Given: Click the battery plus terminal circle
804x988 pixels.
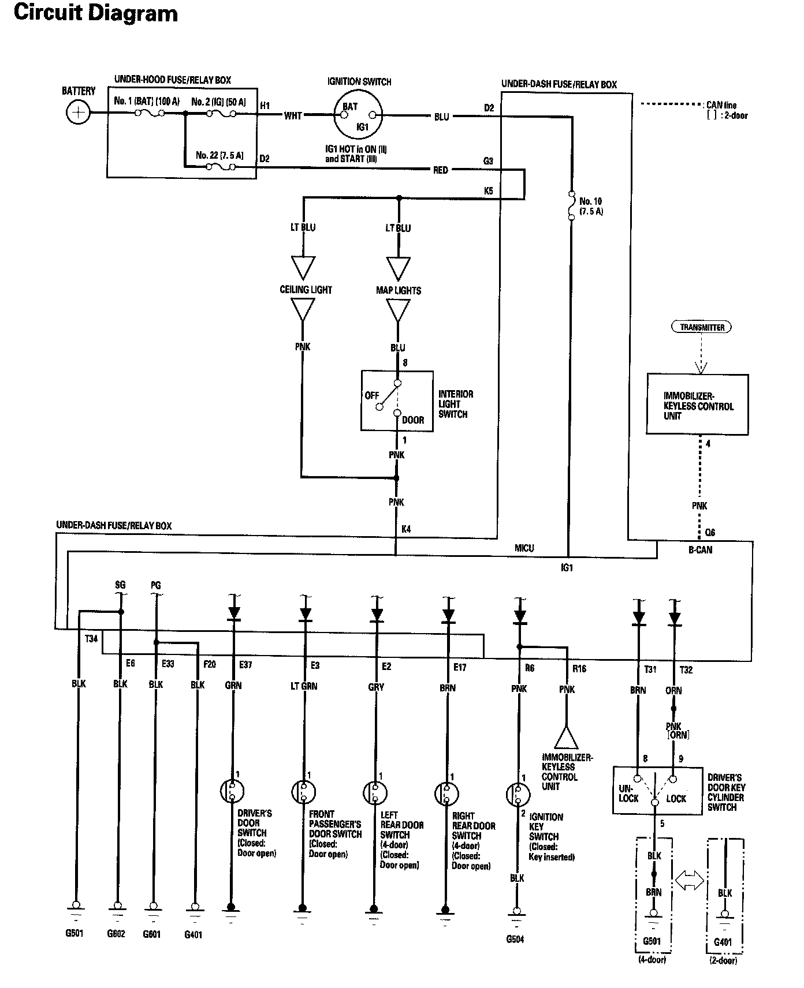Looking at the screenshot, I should point(78,112).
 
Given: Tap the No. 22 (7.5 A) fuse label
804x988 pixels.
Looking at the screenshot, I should point(219,155).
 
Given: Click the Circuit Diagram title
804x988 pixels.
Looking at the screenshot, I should point(96,13).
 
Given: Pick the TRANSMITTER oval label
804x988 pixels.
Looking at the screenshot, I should point(702,327).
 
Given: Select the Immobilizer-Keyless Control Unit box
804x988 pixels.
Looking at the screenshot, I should point(697,405).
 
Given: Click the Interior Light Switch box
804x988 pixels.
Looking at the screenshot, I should point(397,401).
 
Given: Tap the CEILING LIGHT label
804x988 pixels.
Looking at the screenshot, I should point(306,290).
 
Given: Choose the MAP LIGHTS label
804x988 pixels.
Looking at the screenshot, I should point(399,290).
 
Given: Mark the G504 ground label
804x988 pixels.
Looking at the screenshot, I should point(515,939).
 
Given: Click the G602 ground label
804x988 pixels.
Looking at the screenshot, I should point(117,934).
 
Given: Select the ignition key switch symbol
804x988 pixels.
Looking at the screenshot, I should point(518,795).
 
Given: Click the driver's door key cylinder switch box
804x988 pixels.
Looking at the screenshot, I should point(657,790).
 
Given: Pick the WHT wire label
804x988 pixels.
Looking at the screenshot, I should point(293,115).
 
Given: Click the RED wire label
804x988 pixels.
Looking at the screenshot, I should point(441,170).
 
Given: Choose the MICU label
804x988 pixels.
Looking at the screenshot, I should point(524,548).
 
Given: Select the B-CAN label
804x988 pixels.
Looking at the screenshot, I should point(701,550).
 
